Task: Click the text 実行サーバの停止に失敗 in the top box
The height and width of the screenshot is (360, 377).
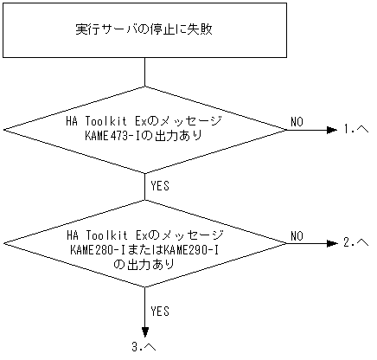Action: point(144,29)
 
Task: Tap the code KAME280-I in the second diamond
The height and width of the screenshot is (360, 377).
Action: point(97,249)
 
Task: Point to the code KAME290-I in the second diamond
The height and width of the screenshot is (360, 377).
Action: point(192,249)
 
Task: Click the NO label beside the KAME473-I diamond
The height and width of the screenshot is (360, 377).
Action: point(296,121)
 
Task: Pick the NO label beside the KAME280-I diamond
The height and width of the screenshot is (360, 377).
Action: point(296,235)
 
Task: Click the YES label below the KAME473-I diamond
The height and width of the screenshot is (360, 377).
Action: point(160,183)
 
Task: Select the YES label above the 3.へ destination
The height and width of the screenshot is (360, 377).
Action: point(160,309)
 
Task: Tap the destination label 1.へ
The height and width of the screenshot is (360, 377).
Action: point(356,130)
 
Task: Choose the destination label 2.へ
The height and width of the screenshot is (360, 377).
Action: point(356,243)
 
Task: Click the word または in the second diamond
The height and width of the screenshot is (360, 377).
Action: point(144,249)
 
